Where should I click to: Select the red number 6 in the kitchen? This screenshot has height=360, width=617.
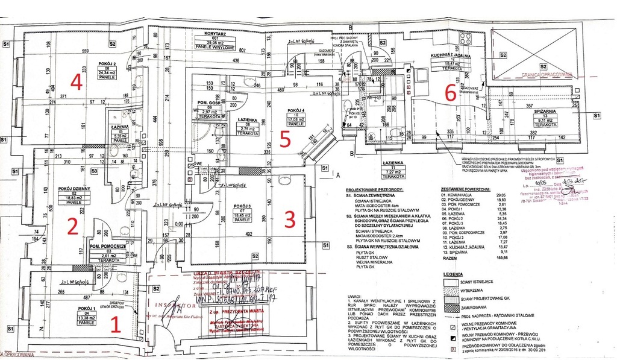pos(449,92)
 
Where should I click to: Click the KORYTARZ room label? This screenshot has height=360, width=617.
pos(205,36)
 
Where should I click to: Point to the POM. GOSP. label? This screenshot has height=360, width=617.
pos(208,103)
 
